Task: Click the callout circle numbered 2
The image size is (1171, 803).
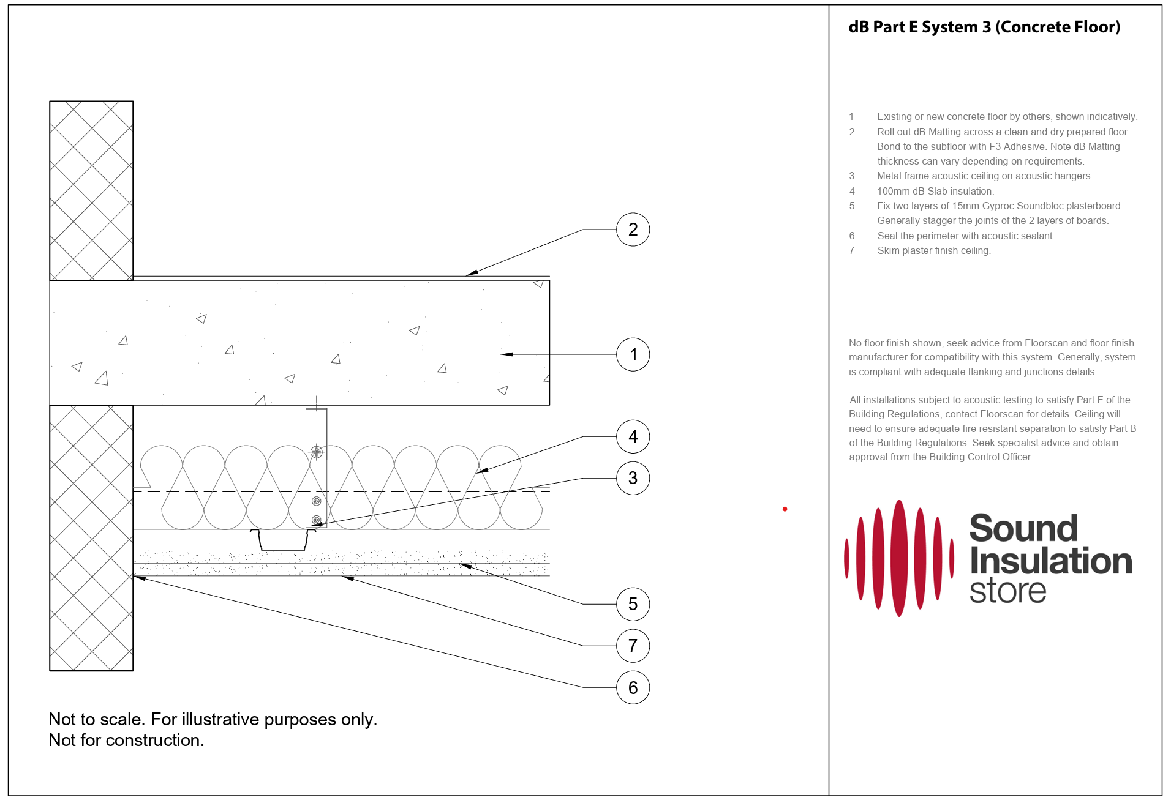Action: pyautogui.click(x=633, y=230)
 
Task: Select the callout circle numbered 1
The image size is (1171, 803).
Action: pyautogui.click(x=633, y=354)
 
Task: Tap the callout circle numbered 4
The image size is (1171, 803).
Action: pyautogui.click(x=633, y=436)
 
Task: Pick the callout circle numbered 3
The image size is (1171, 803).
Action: pyautogui.click(x=633, y=478)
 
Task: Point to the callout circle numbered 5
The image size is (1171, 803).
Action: pyautogui.click(x=633, y=604)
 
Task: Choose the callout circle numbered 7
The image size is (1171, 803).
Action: pyautogui.click(x=633, y=646)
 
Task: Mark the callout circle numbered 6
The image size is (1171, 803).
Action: pyautogui.click(x=633, y=687)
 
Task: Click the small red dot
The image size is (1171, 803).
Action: pyautogui.click(x=785, y=509)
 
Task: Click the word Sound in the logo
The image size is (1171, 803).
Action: pyautogui.click(x=1023, y=528)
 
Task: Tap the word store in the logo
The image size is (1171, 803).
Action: pyautogui.click(x=1007, y=591)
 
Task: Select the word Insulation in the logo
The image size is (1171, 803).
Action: pyautogui.click(x=1051, y=561)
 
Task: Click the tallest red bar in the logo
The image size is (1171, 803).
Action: pyautogui.click(x=899, y=558)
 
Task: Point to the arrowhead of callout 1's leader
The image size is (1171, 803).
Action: pyautogui.click(x=506, y=354)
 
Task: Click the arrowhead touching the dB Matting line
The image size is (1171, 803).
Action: pyautogui.click(x=470, y=273)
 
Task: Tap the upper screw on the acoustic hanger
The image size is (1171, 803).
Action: pyautogui.click(x=316, y=452)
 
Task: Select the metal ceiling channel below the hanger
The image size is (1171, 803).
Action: pyautogui.click(x=283, y=541)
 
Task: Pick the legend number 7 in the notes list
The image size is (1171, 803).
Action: pyautogui.click(x=851, y=250)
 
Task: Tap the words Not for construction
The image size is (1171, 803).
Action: pyautogui.click(x=126, y=740)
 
